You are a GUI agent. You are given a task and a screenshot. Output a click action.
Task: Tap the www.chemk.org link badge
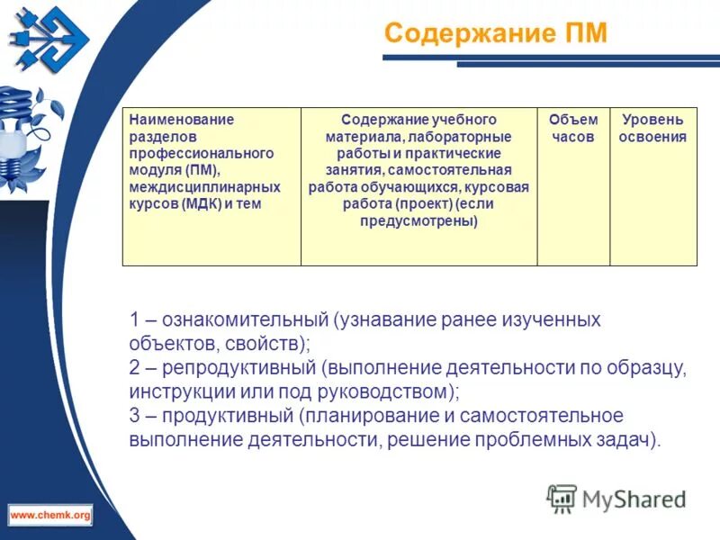50,515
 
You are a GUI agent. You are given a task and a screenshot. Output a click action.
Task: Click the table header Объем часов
573,129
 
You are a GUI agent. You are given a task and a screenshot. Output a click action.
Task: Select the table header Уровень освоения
652,129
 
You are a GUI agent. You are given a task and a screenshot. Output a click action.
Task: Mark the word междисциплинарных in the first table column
204,187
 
